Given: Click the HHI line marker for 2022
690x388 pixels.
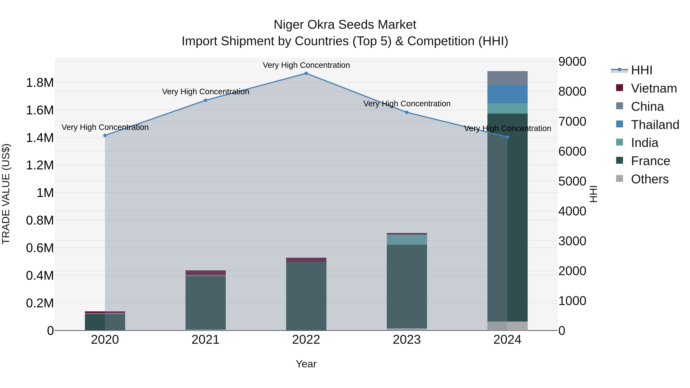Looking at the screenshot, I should (306, 73).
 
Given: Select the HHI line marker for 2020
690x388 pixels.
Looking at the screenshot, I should (105, 135).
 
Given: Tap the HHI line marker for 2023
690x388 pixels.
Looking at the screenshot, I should (407, 112).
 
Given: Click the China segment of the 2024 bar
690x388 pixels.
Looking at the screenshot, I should (507, 78).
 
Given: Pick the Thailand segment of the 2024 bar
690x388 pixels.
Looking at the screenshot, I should (507, 94).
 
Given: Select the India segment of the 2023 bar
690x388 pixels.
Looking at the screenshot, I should (407, 239).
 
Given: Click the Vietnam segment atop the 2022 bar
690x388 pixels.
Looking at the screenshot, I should (306, 260).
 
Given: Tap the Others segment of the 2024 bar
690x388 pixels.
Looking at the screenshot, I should (507, 326).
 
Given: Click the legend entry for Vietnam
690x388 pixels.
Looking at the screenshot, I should (654, 88).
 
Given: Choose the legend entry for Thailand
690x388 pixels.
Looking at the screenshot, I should (655, 125).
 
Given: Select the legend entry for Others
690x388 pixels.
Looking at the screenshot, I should (650, 179).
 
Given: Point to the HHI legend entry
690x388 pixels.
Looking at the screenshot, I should (641, 70).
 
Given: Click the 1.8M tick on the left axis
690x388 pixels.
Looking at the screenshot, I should (40, 83).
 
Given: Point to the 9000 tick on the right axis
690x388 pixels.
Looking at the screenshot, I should (572, 62).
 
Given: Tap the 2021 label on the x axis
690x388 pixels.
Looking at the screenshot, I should (205, 340).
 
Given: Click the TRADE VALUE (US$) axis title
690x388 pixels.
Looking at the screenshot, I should (6, 194).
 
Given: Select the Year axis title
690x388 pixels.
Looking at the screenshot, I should (306, 364).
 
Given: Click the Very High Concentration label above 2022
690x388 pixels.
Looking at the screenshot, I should (306, 65).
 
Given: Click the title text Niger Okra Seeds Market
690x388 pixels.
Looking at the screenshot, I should (345, 25).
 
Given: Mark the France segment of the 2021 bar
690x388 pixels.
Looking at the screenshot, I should (205, 303).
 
